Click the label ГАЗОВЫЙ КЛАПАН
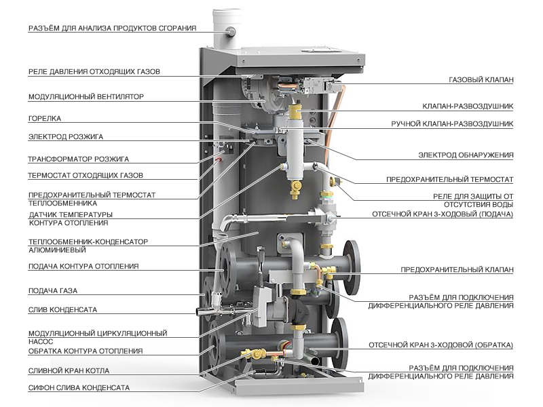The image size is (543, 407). click(481, 80)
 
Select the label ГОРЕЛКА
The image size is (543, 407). click(45, 117)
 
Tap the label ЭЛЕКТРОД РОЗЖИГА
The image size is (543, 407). click(65, 136)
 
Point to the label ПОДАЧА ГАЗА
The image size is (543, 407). click(52, 291)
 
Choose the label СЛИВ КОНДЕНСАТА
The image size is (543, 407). click(62, 309)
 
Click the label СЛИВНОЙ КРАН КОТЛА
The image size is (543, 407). click(69, 370)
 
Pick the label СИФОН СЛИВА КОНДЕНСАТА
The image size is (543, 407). click(79, 387)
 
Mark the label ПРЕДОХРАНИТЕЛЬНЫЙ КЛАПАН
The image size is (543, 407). click(457, 269)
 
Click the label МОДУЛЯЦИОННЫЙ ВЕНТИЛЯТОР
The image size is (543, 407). click(86, 96)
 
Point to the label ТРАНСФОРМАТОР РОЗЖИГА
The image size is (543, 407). click(78, 160)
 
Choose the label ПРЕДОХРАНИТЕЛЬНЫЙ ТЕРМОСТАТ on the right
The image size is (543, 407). click(449, 179)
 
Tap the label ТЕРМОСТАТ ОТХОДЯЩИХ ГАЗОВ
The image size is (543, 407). click(85, 175)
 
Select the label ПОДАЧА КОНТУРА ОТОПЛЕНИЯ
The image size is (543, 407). click(83, 266)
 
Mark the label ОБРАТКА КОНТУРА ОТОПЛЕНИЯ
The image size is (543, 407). click(85, 351)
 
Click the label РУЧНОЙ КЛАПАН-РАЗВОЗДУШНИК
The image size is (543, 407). click(452, 124)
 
